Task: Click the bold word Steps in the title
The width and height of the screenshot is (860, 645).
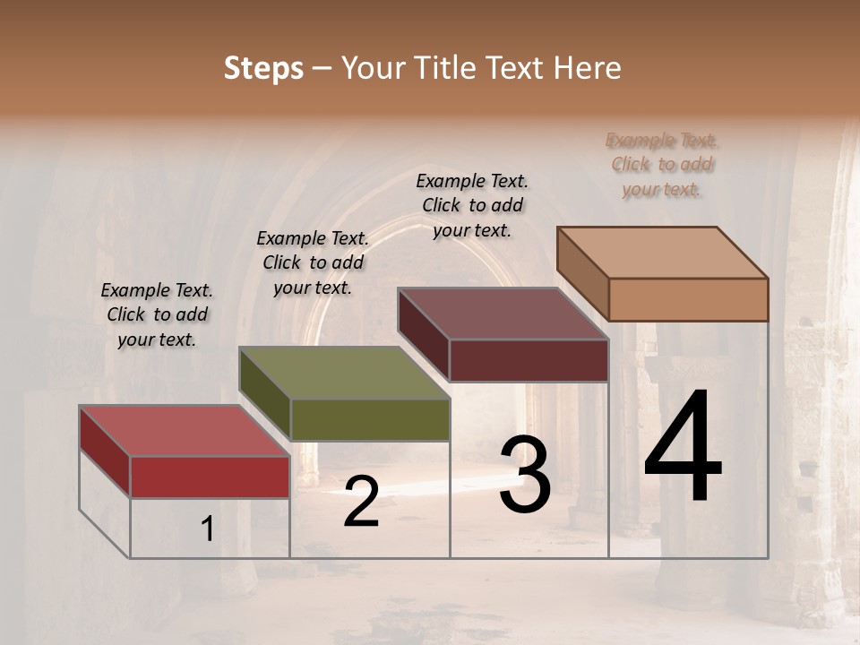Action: pos(262,68)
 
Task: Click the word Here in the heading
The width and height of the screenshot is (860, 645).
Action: pos(587,68)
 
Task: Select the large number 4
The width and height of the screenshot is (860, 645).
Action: pos(683,447)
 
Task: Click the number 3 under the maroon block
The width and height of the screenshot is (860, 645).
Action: pos(525,475)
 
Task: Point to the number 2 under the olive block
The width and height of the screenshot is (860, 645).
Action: pos(361,502)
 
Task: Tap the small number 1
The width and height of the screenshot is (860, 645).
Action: pos(208,529)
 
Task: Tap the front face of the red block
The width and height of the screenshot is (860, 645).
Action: pos(210,477)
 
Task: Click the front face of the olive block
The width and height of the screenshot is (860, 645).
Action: pos(369,419)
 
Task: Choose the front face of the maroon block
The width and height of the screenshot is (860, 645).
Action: pos(529,360)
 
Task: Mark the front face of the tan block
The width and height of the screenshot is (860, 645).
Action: pos(688,299)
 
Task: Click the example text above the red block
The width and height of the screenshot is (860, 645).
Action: pos(157,314)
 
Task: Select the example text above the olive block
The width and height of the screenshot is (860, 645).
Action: pos(313,262)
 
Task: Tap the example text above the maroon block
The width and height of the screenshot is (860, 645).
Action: pos(472,205)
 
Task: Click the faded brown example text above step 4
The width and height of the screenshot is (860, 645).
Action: pos(662,165)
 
